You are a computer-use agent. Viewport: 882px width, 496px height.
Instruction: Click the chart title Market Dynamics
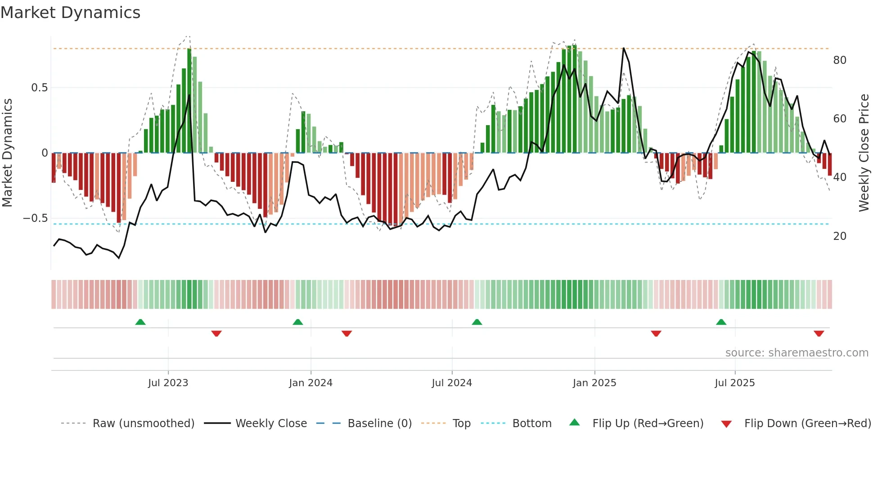pyautogui.click(x=70, y=13)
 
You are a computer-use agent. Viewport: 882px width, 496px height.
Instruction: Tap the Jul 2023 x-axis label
pyautogui.click(x=168, y=383)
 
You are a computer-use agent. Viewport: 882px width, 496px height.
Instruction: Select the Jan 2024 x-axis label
pyautogui.click(x=310, y=383)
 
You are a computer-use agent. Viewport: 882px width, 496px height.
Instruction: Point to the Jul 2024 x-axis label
pyautogui.click(x=452, y=383)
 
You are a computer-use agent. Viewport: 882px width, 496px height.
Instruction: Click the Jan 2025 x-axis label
pyautogui.click(x=594, y=383)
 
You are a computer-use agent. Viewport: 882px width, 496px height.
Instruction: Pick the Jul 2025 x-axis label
pyautogui.click(x=735, y=383)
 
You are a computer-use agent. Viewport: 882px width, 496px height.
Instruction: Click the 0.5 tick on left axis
pyautogui.click(x=39, y=88)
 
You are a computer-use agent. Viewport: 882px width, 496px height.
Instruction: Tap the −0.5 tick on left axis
pyautogui.click(x=36, y=218)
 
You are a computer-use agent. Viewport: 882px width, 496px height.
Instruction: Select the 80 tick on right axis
pyautogui.click(x=840, y=60)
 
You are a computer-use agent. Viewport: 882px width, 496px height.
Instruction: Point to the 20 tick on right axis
pyautogui.click(x=840, y=236)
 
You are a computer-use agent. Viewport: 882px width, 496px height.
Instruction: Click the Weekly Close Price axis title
pyautogui.click(x=864, y=153)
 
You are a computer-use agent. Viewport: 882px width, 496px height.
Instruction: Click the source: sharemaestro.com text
pyautogui.click(x=796, y=353)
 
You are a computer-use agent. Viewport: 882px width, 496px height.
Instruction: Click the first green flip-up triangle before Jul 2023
pyautogui.click(x=140, y=322)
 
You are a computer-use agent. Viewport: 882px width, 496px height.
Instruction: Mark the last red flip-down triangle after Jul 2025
pyautogui.click(x=819, y=334)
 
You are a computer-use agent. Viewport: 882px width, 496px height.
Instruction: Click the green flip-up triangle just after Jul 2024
pyautogui.click(x=477, y=322)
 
